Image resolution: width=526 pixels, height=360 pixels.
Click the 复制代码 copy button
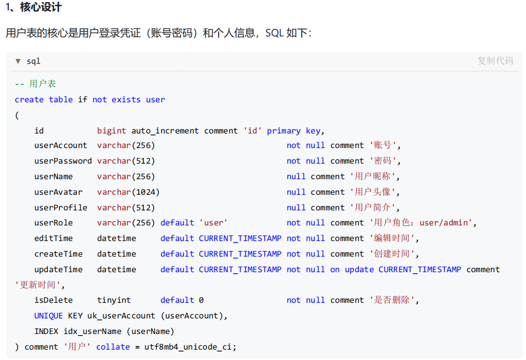(x=495, y=61)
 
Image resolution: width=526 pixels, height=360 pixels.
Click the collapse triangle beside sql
(x=18, y=61)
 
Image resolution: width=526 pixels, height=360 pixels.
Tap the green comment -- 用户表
(x=35, y=84)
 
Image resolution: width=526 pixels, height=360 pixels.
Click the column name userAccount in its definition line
(x=61, y=145)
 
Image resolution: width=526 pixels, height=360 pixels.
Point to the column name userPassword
(x=63, y=161)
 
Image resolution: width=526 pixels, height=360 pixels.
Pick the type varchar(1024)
(x=128, y=192)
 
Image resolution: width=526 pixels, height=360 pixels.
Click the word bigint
(x=112, y=131)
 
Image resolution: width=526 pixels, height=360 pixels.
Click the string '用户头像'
(x=374, y=192)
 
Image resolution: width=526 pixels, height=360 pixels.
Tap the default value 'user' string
(x=213, y=223)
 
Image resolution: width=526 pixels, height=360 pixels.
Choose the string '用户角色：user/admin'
(x=423, y=223)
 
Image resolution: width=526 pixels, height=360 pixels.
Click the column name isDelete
(x=53, y=300)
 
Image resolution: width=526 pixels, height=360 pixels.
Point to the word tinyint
(x=114, y=300)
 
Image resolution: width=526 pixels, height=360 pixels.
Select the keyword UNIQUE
(x=48, y=316)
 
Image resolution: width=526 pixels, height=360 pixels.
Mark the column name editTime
(x=53, y=238)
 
